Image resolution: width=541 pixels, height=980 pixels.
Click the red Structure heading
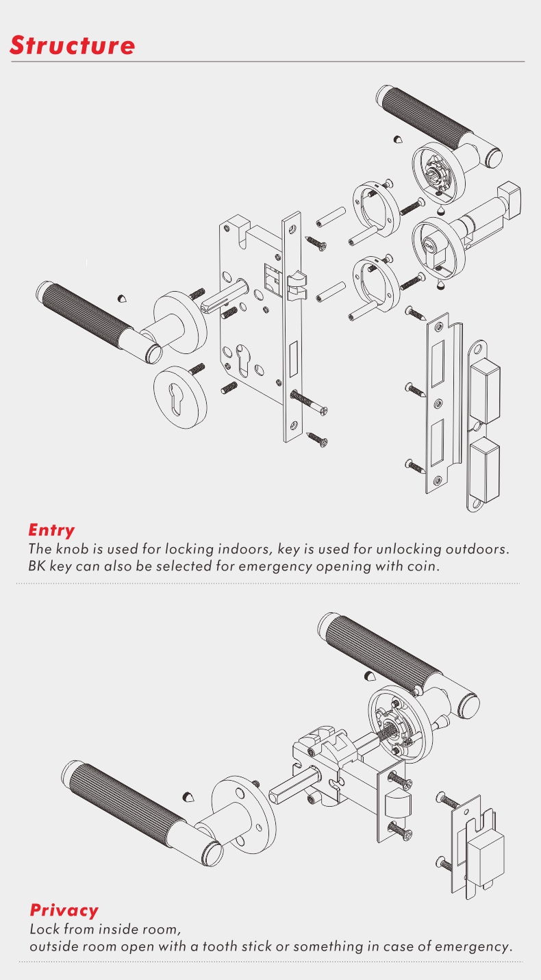(x=72, y=45)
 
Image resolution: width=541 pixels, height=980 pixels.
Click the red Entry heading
(x=51, y=530)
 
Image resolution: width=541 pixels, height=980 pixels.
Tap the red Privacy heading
(x=64, y=910)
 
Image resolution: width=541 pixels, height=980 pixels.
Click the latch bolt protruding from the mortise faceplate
(x=297, y=286)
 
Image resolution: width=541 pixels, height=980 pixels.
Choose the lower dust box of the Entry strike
(x=485, y=469)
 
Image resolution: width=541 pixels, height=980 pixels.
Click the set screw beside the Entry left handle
(x=123, y=299)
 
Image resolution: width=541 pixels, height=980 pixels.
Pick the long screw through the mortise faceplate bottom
(x=309, y=403)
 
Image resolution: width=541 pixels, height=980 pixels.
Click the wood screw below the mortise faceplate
(x=316, y=439)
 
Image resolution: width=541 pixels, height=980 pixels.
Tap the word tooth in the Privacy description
(x=219, y=946)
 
